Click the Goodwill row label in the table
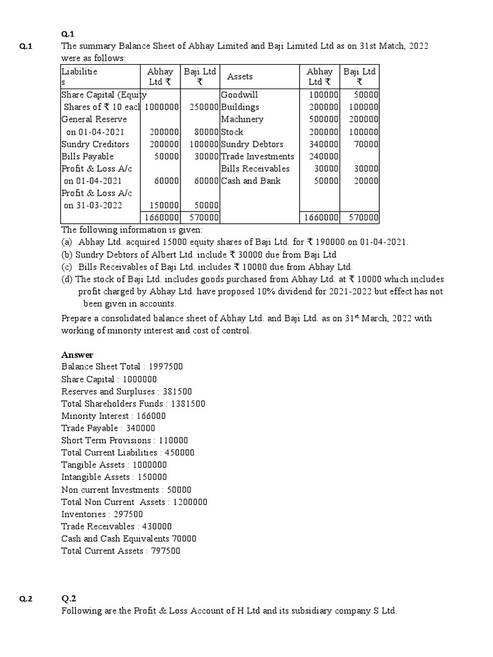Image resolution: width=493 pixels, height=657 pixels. (x=240, y=94)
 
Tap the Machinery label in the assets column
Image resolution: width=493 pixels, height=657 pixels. (x=242, y=119)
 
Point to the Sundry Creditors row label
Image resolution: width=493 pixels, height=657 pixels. (x=95, y=144)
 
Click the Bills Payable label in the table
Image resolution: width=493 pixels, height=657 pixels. (x=87, y=157)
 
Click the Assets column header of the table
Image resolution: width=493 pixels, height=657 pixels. (x=240, y=76)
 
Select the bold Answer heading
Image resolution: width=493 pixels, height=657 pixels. (x=77, y=355)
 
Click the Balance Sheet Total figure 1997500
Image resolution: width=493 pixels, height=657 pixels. (x=166, y=367)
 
